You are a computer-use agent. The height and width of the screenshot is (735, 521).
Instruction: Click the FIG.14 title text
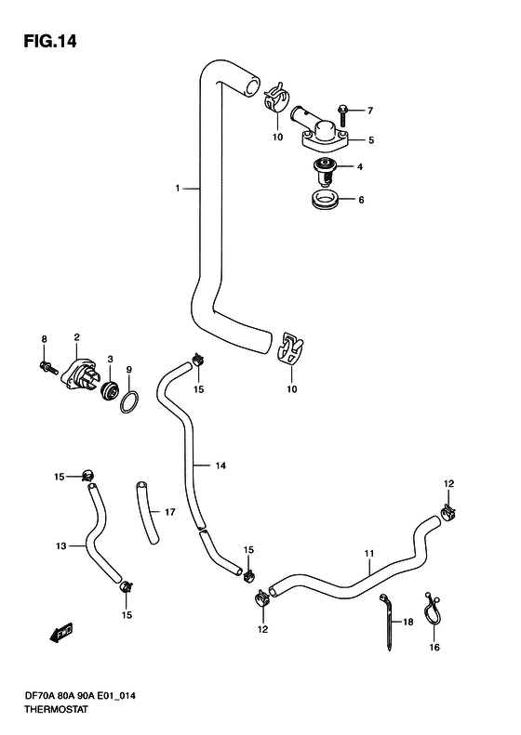pos(49,42)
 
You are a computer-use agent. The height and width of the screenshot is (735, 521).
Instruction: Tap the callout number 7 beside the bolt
pos(370,111)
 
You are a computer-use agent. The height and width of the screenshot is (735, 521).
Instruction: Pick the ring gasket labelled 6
pos(325,200)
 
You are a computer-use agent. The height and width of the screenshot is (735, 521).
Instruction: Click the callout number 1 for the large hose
pos(178,189)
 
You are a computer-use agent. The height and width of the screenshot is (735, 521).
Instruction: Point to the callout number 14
pos(220,466)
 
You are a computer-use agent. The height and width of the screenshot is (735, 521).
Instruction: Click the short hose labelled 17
pos(147,513)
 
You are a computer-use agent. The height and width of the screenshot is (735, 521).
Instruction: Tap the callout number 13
pos(61,545)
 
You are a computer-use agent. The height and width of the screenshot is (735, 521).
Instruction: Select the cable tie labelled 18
pos(388,622)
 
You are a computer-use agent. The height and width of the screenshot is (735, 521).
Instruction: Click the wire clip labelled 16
pos(431,610)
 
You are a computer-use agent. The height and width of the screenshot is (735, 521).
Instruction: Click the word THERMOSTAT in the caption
pos(56,710)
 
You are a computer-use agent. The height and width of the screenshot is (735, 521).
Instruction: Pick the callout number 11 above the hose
pos(369,554)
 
